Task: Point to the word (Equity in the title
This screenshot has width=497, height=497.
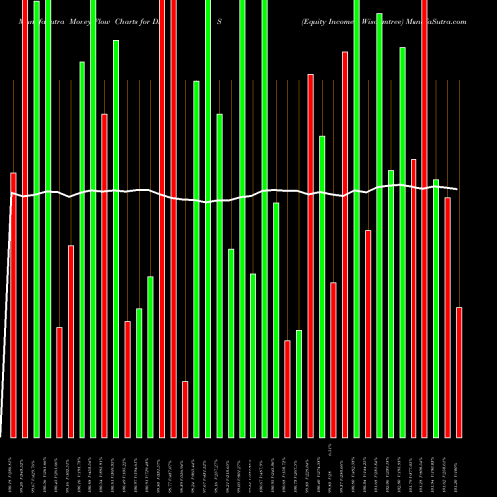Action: click(x=318, y=20)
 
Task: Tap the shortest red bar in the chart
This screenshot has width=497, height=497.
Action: click(x=185, y=409)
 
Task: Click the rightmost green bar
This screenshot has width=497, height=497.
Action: click(x=436, y=308)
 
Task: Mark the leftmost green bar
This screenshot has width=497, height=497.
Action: click(x=36, y=219)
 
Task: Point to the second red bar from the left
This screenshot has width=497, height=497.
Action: click(x=24, y=219)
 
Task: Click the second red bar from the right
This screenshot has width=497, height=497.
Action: click(x=448, y=317)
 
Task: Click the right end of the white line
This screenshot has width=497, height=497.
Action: click(x=457, y=188)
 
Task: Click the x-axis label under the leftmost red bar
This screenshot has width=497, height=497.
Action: click(x=13, y=467)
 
